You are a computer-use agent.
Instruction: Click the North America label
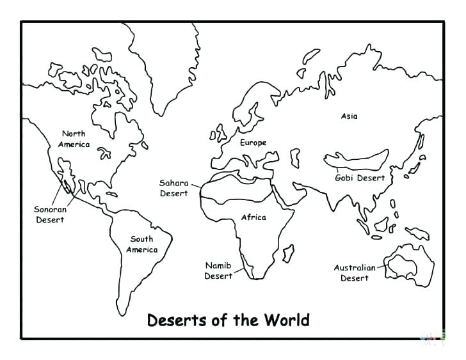73,139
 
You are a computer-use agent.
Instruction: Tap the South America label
141,244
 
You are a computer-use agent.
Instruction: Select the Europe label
253,143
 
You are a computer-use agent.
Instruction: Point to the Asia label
349,116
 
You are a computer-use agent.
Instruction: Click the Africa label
253,217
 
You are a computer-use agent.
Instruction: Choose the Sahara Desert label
174,188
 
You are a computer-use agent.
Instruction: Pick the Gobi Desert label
360,178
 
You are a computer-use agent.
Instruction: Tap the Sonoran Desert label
49,214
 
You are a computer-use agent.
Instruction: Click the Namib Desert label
218,270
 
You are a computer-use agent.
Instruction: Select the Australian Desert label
354,273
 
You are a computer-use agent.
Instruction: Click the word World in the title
282,319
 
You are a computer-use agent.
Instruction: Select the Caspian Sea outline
295,157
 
